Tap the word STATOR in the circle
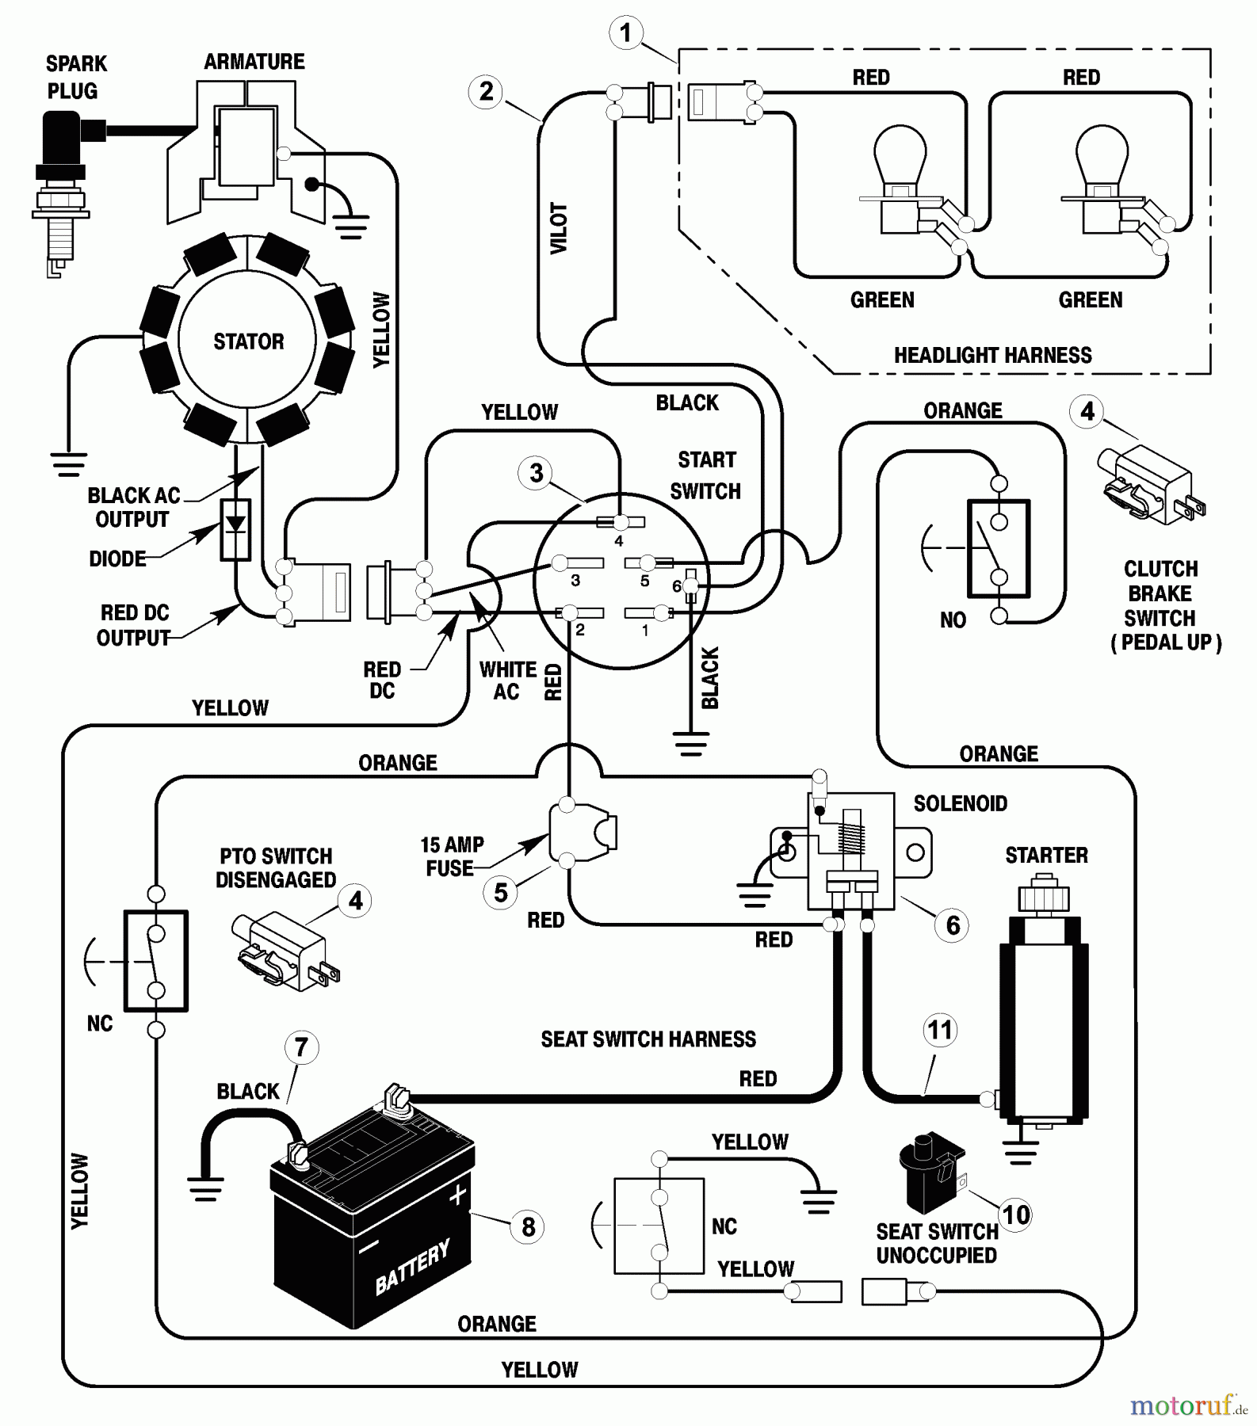pos(248,341)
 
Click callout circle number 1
pos(626,32)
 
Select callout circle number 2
pos(486,91)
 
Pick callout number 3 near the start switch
pos(537,473)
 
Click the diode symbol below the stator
pos(235,529)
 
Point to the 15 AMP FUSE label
pos(451,856)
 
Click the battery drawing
pos(373,1220)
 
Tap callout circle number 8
pos(529,1227)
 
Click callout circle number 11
pos(940,1030)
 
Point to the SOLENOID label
pos(961,803)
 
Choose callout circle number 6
pos(953,925)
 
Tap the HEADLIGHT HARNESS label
pos(992,355)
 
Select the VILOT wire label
pos(560,228)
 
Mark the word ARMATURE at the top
pos(254,62)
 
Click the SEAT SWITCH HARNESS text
pos(648,1039)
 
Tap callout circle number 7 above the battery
pos(301,1047)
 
